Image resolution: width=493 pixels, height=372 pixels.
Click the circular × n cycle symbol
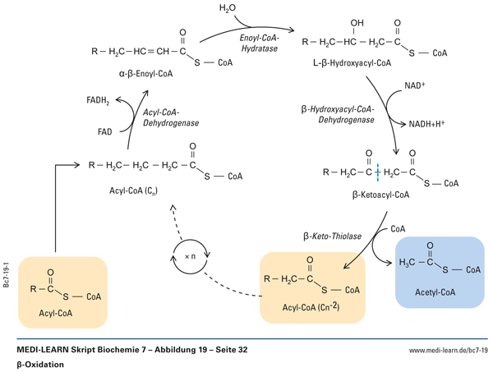[190, 256]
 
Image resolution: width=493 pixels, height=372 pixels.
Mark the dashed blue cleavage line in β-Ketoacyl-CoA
[377, 174]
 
